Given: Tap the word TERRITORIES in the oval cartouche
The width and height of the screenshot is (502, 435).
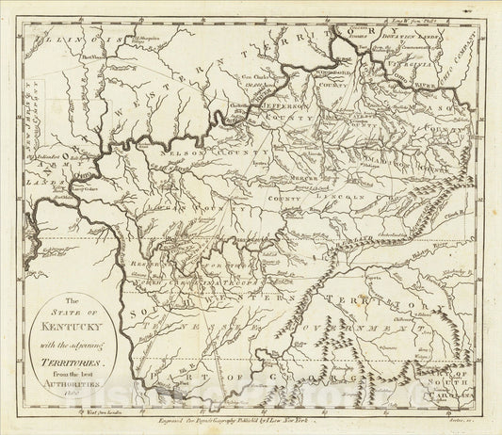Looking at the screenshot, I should tap(89, 345).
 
